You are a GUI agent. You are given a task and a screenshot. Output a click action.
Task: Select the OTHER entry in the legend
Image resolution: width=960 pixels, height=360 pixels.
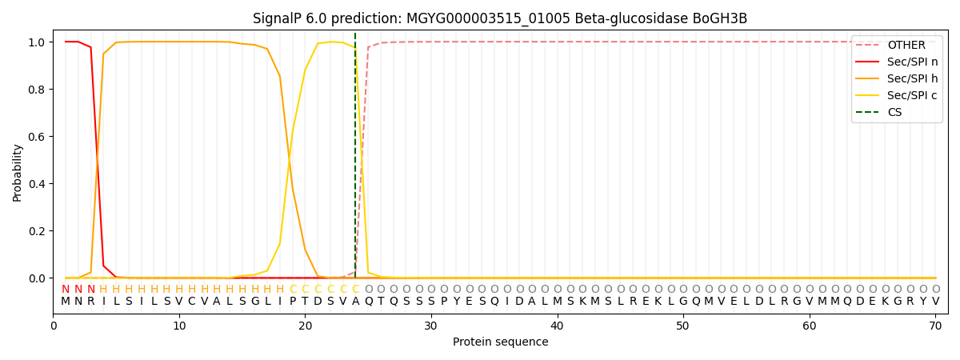[x=906, y=46]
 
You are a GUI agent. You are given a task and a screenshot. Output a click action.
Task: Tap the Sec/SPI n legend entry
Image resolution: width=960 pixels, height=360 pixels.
[x=912, y=62]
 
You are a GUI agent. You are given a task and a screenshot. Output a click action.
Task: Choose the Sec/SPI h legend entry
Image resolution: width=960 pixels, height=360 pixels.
[x=912, y=78]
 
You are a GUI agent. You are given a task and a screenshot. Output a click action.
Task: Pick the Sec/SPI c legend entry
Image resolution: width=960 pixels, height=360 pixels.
[x=912, y=95]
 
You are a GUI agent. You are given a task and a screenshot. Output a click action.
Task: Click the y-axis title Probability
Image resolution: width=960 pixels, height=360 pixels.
[x=18, y=173]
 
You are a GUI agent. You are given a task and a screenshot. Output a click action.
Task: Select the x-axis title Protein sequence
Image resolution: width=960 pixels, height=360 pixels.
[x=500, y=342]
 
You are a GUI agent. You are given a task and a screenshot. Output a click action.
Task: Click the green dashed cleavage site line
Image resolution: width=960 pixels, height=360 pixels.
[x=355, y=160]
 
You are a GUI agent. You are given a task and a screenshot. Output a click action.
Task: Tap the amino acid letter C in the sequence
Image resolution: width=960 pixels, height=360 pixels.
[x=192, y=302]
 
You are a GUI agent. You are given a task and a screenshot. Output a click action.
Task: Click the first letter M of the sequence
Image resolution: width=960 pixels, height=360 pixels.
[x=66, y=302]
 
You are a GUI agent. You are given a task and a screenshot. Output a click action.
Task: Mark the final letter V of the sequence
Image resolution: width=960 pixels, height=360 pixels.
[x=935, y=302]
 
